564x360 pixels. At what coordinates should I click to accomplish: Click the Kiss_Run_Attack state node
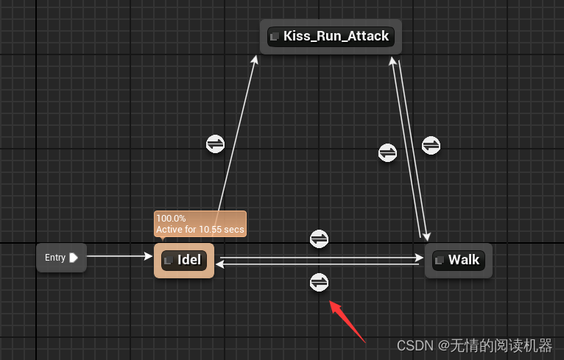331,36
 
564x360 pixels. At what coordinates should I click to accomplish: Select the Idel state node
184,261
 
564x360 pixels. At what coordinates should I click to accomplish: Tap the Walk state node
458,261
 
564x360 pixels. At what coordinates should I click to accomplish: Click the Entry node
61,258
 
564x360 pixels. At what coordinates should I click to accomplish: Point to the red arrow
347,321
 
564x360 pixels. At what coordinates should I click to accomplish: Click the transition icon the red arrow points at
319,282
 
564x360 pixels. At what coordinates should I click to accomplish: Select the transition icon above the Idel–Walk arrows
319,239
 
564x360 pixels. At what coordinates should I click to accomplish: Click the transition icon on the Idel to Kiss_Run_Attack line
215,144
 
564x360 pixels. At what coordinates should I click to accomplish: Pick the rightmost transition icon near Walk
431,145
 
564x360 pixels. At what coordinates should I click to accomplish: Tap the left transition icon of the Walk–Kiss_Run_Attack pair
388,152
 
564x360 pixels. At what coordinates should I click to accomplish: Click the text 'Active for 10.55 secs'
200,230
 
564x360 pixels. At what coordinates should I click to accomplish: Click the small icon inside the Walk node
440,261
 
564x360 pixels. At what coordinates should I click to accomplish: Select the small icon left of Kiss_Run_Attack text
275,36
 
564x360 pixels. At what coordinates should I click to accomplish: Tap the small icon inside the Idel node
169,261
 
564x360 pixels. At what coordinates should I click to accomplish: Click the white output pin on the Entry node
74,258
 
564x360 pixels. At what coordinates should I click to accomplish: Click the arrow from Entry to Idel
118,257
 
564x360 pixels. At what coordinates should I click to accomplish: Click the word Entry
55,258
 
